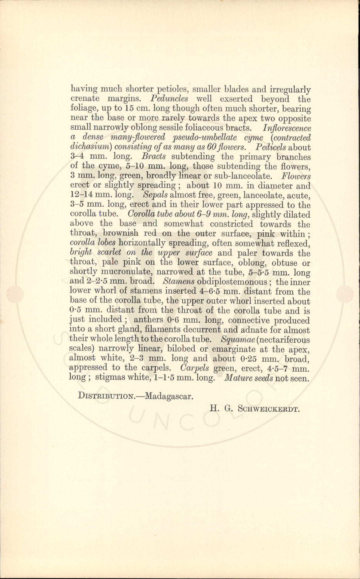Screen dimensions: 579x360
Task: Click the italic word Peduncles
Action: (170, 99)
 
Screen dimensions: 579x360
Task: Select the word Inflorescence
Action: (287, 128)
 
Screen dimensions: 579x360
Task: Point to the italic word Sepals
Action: (155, 195)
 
